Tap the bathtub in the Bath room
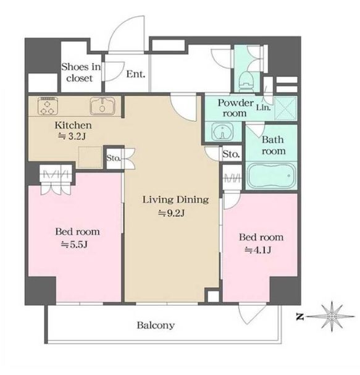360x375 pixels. point(272,176)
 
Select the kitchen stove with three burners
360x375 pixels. point(48,106)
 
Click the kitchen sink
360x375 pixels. point(103,106)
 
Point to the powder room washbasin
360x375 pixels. point(223,131)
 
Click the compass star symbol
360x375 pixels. point(332,316)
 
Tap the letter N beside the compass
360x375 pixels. point(299,317)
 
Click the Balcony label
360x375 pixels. point(156,325)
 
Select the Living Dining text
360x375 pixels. point(176,200)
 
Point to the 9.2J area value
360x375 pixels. point(172,213)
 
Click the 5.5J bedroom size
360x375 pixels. point(74,244)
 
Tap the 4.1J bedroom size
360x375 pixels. point(257,250)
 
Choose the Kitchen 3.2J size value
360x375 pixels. point(72,136)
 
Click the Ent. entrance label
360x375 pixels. point(135,74)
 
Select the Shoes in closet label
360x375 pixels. point(81,72)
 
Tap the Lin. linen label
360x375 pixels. point(264,107)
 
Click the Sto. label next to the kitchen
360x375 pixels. point(114,158)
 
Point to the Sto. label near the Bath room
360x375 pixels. point(231,154)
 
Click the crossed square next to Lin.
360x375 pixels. point(285,108)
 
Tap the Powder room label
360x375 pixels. point(235,108)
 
